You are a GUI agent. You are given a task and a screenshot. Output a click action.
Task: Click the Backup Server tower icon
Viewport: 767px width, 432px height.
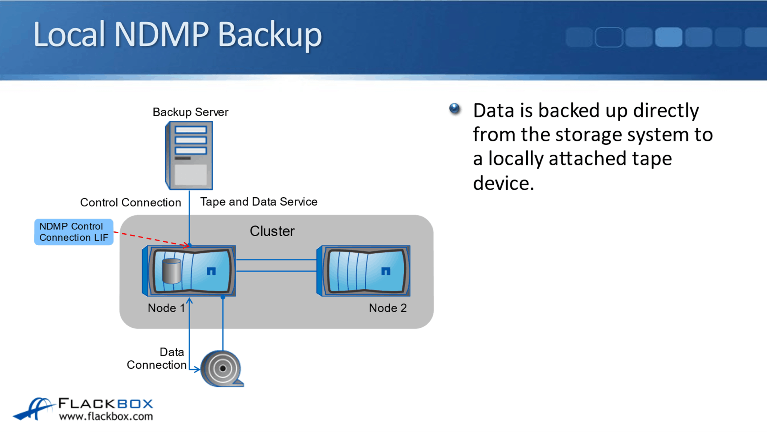(x=189, y=155)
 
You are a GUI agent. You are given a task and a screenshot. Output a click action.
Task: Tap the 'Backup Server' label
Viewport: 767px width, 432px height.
(x=190, y=112)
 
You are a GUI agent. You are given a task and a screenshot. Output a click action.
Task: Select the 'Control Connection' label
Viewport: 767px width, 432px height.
(x=130, y=202)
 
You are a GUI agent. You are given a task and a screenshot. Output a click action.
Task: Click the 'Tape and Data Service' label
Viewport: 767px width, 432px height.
(x=259, y=202)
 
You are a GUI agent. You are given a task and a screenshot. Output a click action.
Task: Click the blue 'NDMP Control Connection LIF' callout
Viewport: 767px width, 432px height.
(x=74, y=232)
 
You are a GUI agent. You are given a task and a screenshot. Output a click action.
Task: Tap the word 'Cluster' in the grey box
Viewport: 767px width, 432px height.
(x=272, y=231)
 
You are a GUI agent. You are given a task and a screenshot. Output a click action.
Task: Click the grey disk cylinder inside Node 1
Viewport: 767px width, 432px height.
(x=172, y=271)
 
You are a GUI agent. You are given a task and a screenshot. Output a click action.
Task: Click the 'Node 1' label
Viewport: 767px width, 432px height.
(x=166, y=308)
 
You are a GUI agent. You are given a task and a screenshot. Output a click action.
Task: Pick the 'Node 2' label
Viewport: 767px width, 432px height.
(x=388, y=308)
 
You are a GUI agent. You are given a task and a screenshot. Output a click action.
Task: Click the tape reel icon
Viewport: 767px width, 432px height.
(x=222, y=368)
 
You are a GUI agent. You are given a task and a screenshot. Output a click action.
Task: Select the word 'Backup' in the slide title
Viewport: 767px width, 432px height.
(x=270, y=34)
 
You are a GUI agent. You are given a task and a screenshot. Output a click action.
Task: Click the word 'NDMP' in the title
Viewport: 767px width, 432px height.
(x=161, y=34)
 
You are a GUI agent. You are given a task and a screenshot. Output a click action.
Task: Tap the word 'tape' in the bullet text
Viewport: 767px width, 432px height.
(x=652, y=159)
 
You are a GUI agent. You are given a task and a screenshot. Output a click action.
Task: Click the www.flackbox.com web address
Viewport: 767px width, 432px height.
(x=106, y=416)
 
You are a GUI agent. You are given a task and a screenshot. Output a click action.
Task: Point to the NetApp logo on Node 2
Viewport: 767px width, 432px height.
(x=385, y=271)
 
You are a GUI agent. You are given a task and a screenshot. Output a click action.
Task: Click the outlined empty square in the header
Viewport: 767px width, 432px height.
(x=609, y=37)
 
